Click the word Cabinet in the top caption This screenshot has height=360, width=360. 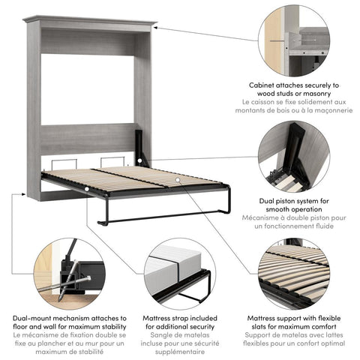point(266,85)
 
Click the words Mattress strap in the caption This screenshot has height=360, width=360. point(166,319)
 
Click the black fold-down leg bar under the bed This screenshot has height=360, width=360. point(157,219)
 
